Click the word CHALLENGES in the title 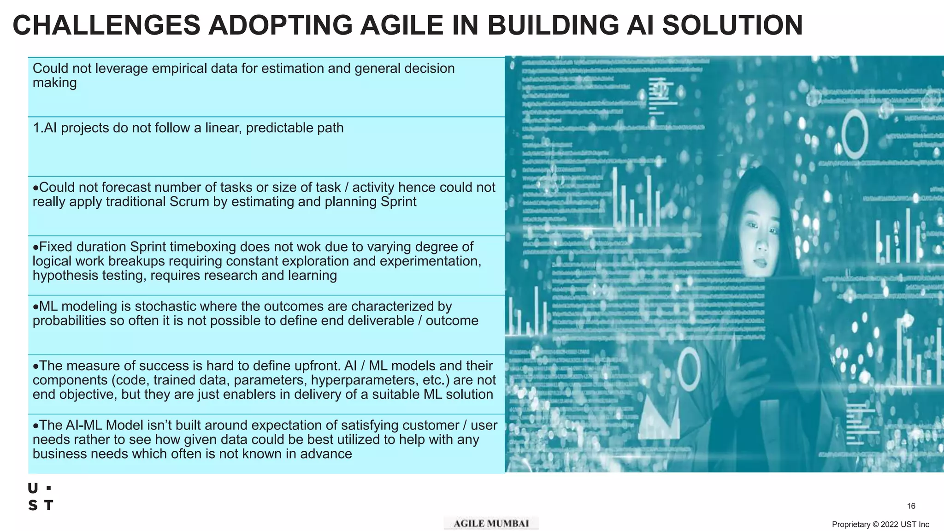coord(106,25)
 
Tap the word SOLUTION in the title coord(732,25)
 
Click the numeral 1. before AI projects coord(38,128)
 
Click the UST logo coord(41,497)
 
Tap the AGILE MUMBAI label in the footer coord(491,524)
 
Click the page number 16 coord(911,506)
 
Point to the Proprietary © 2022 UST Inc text coord(880,525)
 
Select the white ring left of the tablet coord(689,369)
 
